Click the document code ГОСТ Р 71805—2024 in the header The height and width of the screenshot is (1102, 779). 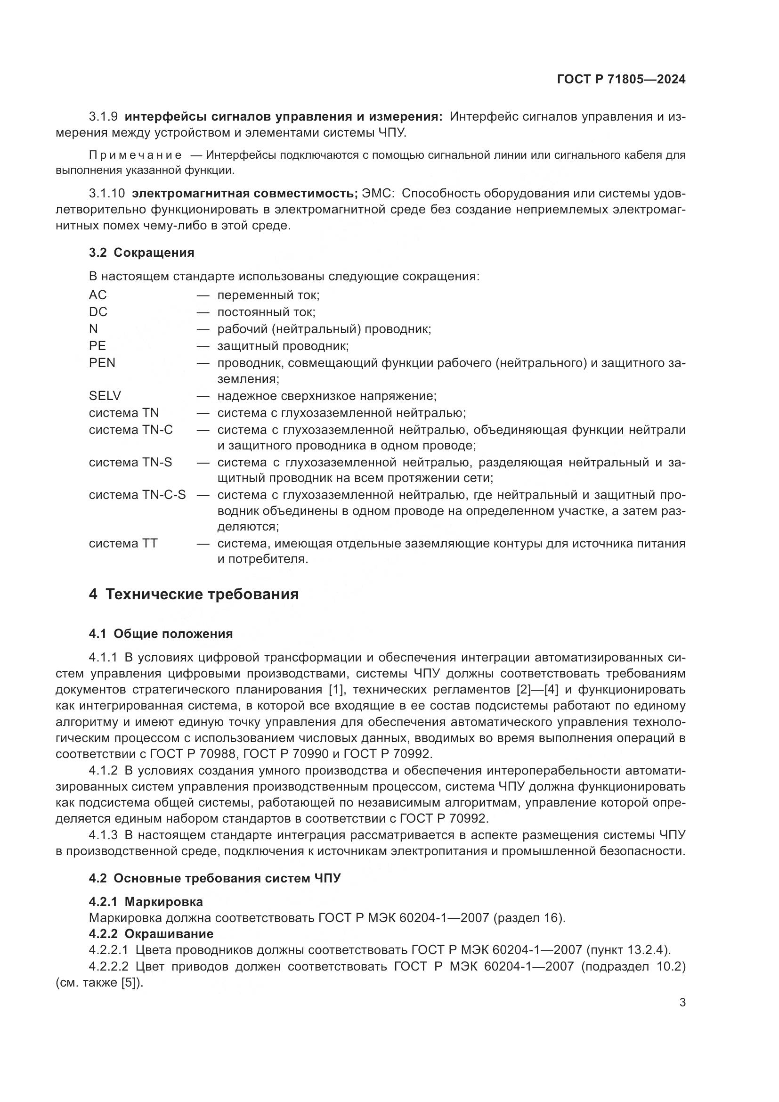(x=621, y=80)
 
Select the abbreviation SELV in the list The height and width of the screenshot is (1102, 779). (x=105, y=396)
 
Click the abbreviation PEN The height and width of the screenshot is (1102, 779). (x=102, y=363)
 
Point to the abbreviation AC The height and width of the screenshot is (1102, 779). (x=97, y=294)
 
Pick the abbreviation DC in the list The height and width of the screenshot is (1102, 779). (x=98, y=312)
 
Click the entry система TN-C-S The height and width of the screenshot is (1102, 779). (x=137, y=495)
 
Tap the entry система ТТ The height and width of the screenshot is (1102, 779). (x=123, y=543)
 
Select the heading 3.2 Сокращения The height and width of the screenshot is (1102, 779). (x=141, y=253)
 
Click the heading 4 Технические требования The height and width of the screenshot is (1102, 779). (x=194, y=595)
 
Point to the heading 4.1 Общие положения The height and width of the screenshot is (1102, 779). (x=161, y=634)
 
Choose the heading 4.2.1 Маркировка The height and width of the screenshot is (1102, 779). (x=146, y=902)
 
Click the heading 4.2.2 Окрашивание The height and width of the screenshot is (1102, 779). (x=151, y=934)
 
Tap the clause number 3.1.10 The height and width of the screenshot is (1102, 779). (x=107, y=194)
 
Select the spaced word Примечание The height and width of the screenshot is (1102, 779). (x=135, y=155)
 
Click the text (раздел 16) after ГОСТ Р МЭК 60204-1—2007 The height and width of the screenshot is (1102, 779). (x=529, y=918)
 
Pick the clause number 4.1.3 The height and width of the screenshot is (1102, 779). (x=103, y=835)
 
